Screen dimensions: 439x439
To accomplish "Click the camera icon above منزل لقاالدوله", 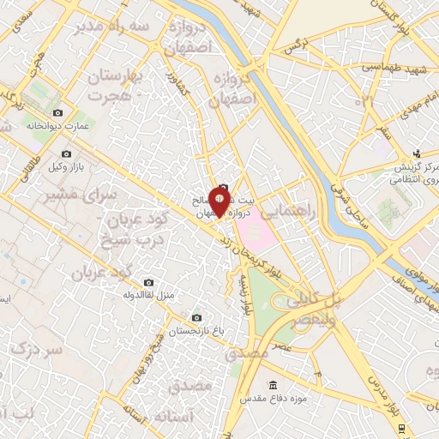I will coord(149,282).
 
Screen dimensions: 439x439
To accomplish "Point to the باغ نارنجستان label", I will coord(196,330).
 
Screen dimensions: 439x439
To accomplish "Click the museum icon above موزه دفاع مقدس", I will coord(274,384).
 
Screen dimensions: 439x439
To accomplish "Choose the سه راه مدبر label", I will coord(119,27).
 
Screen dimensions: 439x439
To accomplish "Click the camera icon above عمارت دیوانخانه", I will coord(57,113).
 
